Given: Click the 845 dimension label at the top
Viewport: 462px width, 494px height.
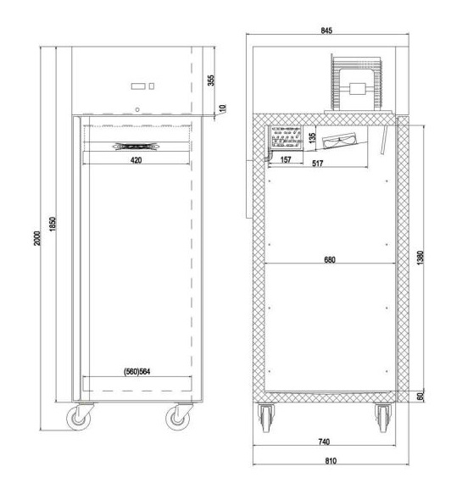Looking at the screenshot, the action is tap(326, 31).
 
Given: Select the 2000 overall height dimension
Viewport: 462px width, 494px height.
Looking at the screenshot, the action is tap(37, 238).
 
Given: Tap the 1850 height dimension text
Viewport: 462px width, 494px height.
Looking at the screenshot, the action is tap(53, 224).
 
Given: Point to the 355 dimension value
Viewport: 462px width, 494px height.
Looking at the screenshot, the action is tap(211, 80).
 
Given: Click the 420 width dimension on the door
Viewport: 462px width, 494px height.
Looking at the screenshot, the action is tap(136, 160).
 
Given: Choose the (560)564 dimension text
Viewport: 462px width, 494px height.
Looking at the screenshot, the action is tap(137, 372).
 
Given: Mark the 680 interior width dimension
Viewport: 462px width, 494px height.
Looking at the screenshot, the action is tap(330, 260).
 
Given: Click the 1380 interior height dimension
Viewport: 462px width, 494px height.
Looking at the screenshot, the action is tap(420, 258).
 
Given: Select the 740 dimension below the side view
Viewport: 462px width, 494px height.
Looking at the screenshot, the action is tap(324, 441).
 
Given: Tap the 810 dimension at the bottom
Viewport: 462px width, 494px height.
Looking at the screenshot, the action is tap(331, 461).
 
